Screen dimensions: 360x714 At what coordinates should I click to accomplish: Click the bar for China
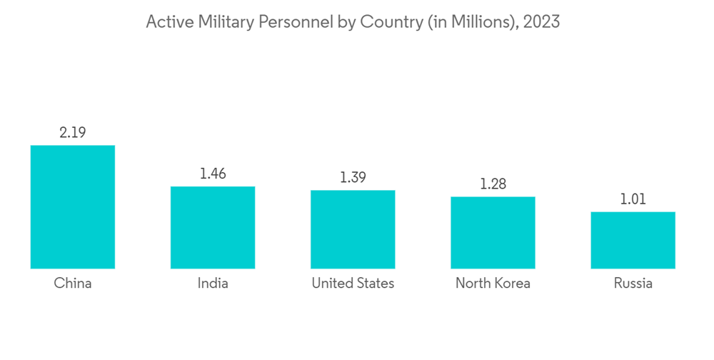73,207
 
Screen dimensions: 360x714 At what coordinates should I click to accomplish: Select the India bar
213,227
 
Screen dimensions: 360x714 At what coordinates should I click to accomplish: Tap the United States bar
353,229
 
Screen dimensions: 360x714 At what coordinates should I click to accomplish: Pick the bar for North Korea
493,232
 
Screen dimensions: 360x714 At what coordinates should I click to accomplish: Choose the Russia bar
633,240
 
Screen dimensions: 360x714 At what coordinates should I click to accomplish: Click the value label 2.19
73,132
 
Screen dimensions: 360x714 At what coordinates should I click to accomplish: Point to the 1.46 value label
213,174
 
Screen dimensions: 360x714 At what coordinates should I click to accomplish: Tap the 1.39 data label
353,177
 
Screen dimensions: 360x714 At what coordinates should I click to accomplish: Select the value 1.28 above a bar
493,184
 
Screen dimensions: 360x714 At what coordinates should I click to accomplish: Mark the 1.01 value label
633,199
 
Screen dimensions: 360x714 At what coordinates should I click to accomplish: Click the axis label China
73,284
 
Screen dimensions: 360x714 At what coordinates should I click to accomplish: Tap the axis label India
213,284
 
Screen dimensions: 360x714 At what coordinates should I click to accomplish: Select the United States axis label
353,284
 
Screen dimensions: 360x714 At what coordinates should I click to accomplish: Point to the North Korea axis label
493,284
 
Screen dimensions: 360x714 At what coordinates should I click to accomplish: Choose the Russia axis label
633,284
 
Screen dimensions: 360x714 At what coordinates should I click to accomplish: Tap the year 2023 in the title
541,22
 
